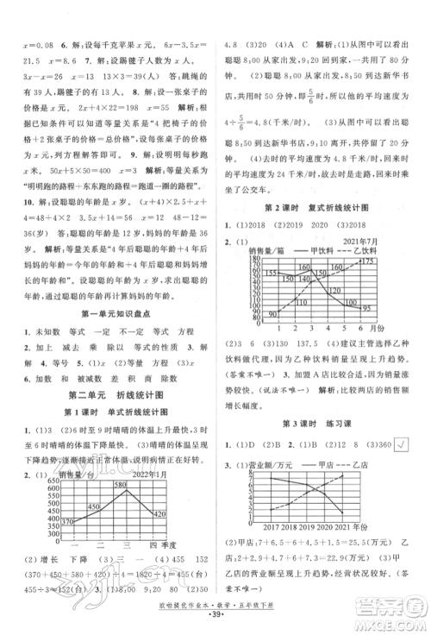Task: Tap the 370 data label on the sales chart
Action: (x=68, y=519)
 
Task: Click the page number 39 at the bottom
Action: (x=215, y=622)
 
